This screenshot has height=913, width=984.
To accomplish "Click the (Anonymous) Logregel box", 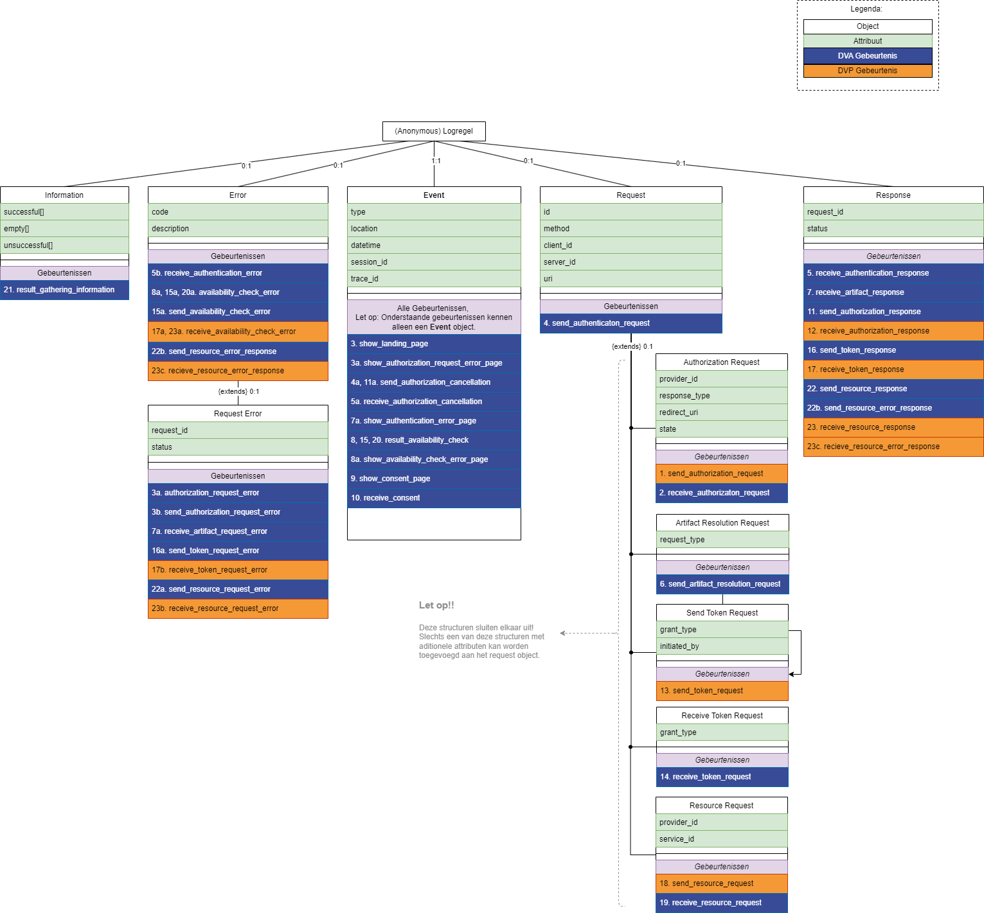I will click(x=434, y=131).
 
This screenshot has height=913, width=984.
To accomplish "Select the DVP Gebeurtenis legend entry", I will click(x=867, y=71).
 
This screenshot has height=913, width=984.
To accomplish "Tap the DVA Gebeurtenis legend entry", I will click(x=867, y=56).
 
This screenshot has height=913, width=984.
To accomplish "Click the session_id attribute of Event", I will click(x=434, y=262).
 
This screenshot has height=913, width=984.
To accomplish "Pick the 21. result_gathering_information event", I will click(x=64, y=290).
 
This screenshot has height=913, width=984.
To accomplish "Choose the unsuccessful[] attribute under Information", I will click(x=64, y=245).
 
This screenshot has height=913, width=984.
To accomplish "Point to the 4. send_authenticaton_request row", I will click(x=631, y=323).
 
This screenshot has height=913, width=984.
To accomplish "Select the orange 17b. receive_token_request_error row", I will click(x=238, y=570).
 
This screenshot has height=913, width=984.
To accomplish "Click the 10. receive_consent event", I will click(x=434, y=498).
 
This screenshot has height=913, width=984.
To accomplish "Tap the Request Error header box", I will click(x=238, y=414).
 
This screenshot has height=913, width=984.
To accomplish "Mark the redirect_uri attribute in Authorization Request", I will click(x=721, y=412).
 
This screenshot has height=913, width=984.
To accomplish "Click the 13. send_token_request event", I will click(x=722, y=691).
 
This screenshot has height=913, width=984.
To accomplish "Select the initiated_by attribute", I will click(x=722, y=646).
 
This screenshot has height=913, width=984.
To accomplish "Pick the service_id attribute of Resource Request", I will click(x=721, y=839).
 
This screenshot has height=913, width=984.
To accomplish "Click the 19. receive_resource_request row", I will click(x=721, y=903).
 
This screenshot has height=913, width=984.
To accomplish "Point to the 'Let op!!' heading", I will click(x=436, y=605).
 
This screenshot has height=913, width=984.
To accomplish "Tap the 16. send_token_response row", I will click(x=893, y=350).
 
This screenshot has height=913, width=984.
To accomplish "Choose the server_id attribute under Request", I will click(x=631, y=262).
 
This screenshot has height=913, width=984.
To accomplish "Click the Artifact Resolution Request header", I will click(x=722, y=523).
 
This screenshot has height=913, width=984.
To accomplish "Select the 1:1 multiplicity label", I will click(x=436, y=161).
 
